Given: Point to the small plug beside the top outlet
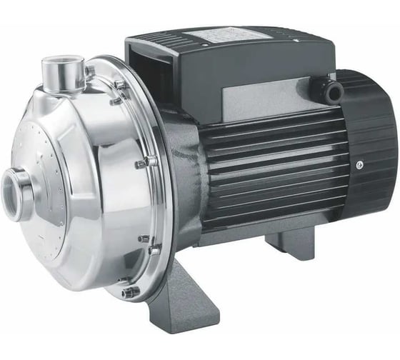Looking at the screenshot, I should [89, 71].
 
